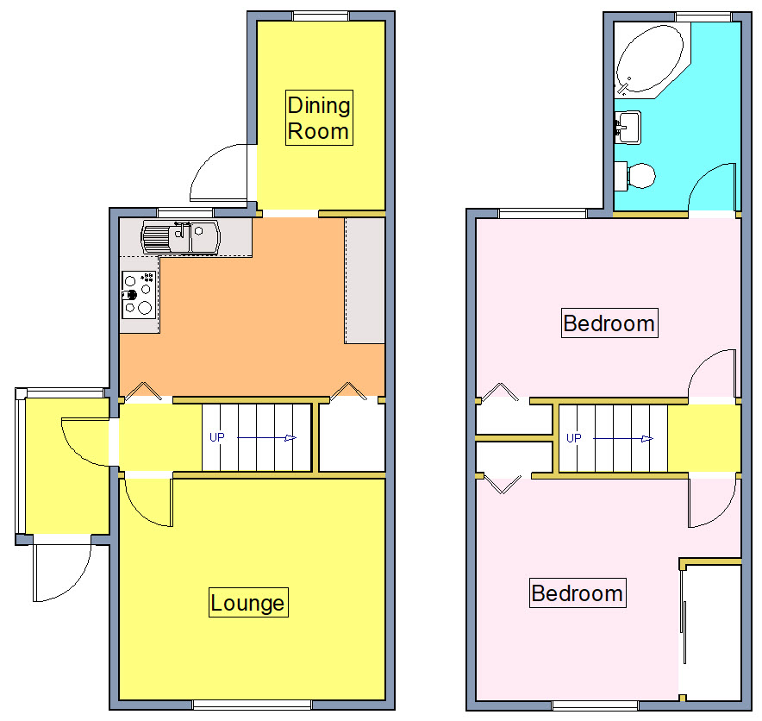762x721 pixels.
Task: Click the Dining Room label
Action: click(x=318, y=118)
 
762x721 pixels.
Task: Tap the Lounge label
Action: click(x=247, y=602)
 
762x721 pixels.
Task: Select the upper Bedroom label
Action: click(x=609, y=323)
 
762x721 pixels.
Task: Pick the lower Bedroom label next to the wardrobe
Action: click(x=577, y=593)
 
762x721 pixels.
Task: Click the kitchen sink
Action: click(x=182, y=237)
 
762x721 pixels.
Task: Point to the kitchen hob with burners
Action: click(x=138, y=293)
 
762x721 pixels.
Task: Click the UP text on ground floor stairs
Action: click(x=216, y=437)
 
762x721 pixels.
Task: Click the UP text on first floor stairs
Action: click(x=573, y=438)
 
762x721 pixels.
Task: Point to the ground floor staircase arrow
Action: click(x=267, y=438)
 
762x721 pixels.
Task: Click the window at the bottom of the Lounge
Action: click(x=252, y=705)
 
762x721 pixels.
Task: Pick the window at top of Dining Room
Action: click(x=321, y=16)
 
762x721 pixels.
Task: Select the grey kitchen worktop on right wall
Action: click(x=365, y=280)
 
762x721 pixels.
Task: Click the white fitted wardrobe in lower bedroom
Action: click(x=711, y=630)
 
